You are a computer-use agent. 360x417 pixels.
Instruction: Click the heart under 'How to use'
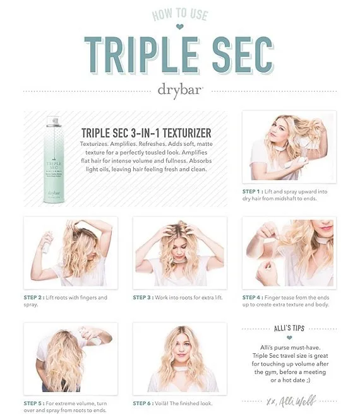coord(180,26)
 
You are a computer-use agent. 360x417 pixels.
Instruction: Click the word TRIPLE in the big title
coord(143,55)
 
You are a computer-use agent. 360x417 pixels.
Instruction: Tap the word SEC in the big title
coord(243,55)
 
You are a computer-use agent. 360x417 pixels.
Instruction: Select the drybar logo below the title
coord(180,90)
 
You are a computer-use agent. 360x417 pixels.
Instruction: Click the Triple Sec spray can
coord(54,160)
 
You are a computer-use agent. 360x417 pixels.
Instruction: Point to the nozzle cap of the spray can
coord(54,122)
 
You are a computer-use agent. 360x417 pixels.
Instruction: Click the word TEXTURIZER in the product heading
coord(187,133)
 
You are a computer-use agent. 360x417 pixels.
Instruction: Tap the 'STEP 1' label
coord(251,192)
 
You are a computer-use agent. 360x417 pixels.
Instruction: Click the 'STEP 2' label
coord(33,297)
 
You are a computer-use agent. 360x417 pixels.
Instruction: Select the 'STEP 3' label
coord(142,297)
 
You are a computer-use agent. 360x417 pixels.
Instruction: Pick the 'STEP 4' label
coord(251,297)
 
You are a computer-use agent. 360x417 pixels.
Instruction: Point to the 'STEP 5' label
coord(33,403)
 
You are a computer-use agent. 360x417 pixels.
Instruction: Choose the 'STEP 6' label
coord(142,403)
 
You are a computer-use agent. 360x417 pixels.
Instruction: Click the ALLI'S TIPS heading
coord(289,328)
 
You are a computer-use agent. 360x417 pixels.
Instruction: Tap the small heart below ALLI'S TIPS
coord(289,338)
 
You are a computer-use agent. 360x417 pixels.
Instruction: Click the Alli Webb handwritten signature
coord(292,401)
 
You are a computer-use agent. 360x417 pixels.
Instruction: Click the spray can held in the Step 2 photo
coord(47,243)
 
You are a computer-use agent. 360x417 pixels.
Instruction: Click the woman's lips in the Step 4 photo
coord(326,228)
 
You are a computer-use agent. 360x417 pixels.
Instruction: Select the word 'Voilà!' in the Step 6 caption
coord(161,403)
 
